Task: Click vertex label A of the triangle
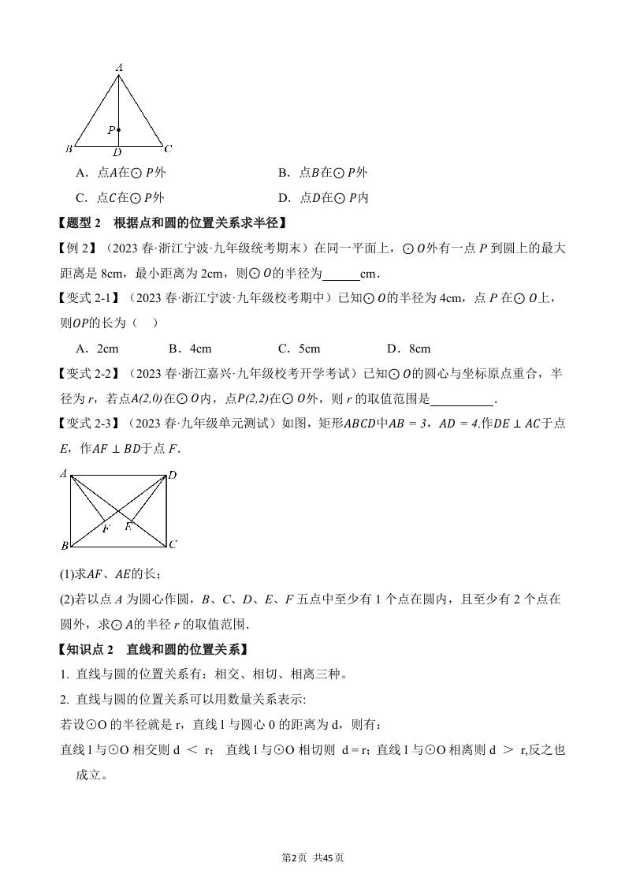click(119, 69)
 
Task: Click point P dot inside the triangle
click(119, 129)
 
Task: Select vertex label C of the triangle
click(168, 148)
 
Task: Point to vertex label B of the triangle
click(69, 148)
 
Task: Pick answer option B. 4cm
click(190, 349)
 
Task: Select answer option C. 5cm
click(299, 349)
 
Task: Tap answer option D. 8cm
click(409, 349)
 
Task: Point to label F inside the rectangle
click(106, 528)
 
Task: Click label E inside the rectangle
click(128, 526)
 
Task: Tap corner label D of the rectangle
click(172, 474)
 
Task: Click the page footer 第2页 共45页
click(313, 857)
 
